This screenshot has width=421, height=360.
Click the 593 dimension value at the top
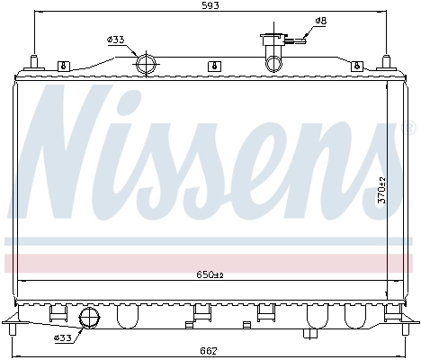[211, 6]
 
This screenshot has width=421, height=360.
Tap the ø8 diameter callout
[320, 21]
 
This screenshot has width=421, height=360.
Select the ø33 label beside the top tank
[115, 40]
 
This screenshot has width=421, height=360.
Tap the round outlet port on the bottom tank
[90, 318]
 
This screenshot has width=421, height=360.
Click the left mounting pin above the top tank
[33, 61]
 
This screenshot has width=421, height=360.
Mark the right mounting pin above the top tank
[388, 61]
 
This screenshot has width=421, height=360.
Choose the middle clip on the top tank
[211, 66]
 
